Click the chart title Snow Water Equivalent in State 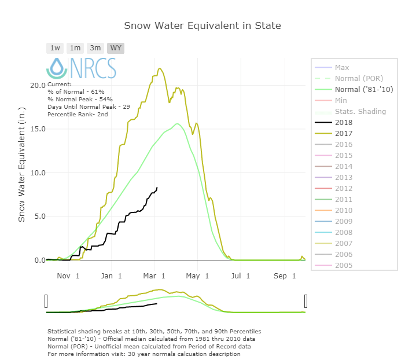pos(203,26)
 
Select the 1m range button pos(75,48)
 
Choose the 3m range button pos(95,48)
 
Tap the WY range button pos(116,48)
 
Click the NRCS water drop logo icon pos(57,68)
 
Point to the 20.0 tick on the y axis pos(38,85)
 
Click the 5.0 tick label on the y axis pos(38,216)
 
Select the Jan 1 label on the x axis pos(112,276)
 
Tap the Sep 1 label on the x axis pos(285,276)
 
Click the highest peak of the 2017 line pos(160,68)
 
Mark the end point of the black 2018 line pos(157,188)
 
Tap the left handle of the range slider pos(46,301)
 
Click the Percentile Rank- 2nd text pos(78,115)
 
